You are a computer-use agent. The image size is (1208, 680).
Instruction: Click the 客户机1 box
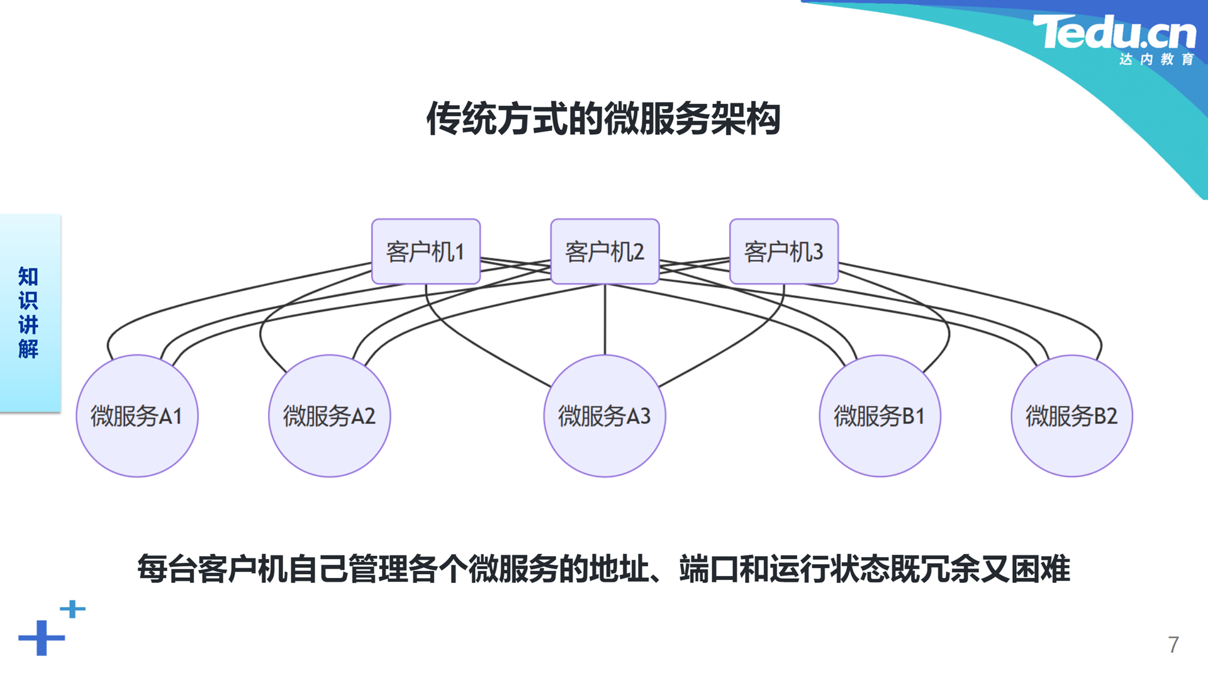(x=426, y=251)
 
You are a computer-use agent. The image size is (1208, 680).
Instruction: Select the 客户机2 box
(x=605, y=251)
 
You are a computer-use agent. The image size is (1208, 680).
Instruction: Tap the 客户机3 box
(x=784, y=251)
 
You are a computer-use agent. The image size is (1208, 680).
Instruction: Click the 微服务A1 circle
(x=137, y=416)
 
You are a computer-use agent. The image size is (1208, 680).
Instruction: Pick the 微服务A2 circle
(x=329, y=416)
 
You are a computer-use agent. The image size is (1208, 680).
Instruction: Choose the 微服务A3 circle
(x=605, y=416)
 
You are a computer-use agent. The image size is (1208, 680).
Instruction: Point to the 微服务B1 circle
(x=880, y=416)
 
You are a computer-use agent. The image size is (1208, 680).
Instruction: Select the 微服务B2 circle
(x=1071, y=416)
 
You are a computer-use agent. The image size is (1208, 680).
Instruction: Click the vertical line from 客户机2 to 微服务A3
(x=605, y=319)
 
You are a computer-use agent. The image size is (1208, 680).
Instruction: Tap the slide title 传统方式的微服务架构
(x=604, y=118)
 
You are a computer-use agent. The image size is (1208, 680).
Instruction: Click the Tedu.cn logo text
(x=1114, y=32)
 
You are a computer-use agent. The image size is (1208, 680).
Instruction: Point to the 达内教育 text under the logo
(x=1156, y=59)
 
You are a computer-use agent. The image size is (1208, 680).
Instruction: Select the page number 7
(x=1173, y=645)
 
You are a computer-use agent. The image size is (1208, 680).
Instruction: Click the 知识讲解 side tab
(x=30, y=313)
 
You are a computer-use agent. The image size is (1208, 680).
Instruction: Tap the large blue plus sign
(x=42, y=638)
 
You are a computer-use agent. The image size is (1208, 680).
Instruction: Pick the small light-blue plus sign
(x=72, y=609)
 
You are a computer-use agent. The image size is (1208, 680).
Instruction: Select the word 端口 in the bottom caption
(x=708, y=569)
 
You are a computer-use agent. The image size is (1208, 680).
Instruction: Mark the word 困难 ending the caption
(x=1041, y=569)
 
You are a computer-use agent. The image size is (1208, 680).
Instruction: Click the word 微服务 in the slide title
(x=657, y=118)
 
